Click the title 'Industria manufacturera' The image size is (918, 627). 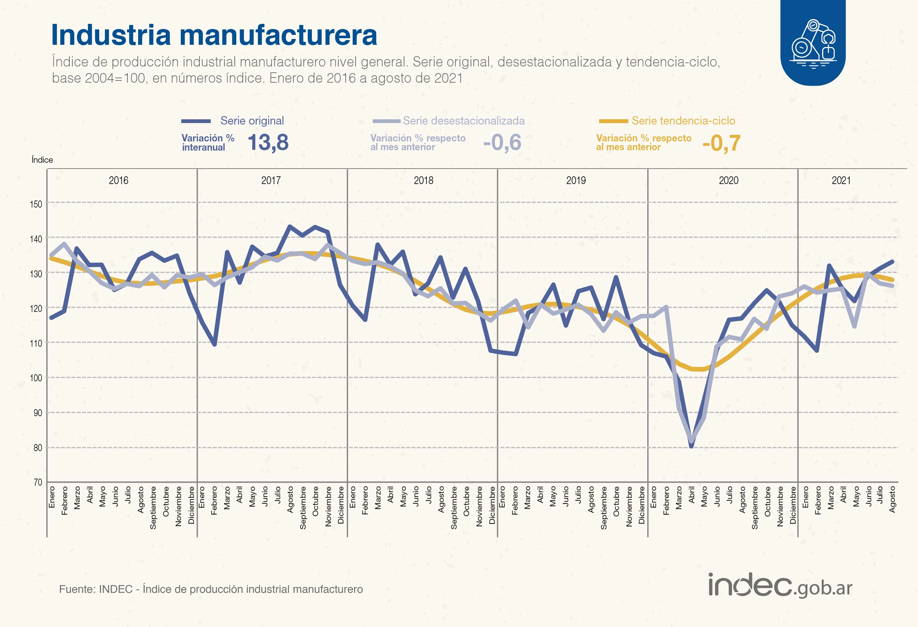(x=214, y=35)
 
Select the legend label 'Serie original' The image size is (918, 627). (x=252, y=121)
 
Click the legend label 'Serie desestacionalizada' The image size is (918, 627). (x=464, y=121)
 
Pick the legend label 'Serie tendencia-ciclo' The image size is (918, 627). (x=683, y=121)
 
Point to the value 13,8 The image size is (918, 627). (x=268, y=142)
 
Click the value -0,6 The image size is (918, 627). (x=502, y=142)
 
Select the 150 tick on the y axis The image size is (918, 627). (x=36, y=204)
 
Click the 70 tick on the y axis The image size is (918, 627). (x=37, y=482)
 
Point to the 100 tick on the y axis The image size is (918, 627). (x=36, y=378)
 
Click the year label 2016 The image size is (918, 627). (x=119, y=181)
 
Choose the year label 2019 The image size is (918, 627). (x=576, y=181)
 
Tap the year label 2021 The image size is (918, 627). (x=841, y=181)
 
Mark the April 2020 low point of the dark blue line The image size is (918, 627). (x=691, y=446)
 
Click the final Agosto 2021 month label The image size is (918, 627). (x=892, y=500)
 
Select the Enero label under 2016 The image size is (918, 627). (x=52, y=497)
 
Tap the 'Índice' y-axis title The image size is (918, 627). (x=42, y=160)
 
